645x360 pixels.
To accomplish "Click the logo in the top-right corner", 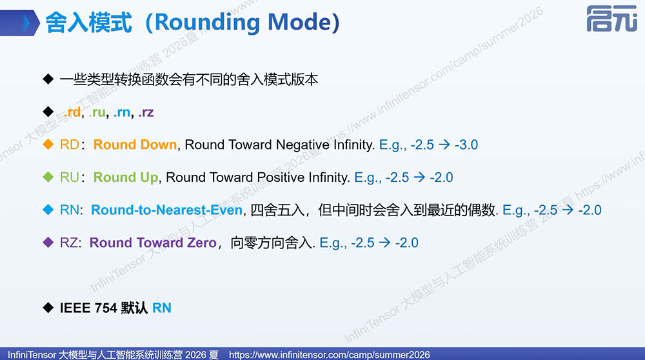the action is click(x=611, y=19).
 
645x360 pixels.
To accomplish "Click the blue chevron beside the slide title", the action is click(x=26, y=23).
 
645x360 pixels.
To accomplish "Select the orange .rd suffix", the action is click(x=72, y=112).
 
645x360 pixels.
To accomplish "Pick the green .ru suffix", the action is click(x=97, y=112).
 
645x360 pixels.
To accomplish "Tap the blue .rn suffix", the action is click(x=122, y=112).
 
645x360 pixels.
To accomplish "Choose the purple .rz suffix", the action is click(x=146, y=112).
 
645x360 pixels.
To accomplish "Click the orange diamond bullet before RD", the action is click(x=48, y=145).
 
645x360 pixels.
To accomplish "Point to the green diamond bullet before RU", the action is click(x=48, y=177).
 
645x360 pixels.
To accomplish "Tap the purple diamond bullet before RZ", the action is click(x=48, y=243).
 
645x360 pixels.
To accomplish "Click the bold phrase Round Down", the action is click(x=135, y=145).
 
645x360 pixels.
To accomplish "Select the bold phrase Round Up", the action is click(x=126, y=177).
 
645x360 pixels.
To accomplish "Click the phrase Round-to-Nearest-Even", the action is click(x=166, y=210).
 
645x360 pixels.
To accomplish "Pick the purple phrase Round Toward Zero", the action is click(x=153, y=243).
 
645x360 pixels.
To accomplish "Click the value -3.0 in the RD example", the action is click(x=466, y=145).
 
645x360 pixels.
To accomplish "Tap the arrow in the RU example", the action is click(x=419, y=177).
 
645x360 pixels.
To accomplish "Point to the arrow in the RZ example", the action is click(x=384, y=243).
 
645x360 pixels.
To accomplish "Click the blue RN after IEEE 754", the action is click(x=162, y=308).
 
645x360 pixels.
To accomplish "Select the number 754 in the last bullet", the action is click(x=106, y=308).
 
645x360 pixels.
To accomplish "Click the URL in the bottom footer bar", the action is click(x=329, y=355).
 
